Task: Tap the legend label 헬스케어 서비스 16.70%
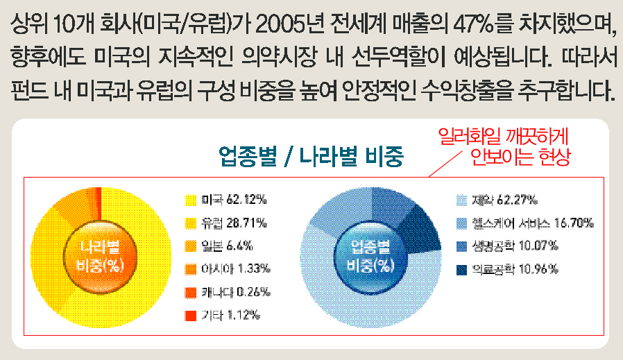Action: [x=532, y=223]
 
